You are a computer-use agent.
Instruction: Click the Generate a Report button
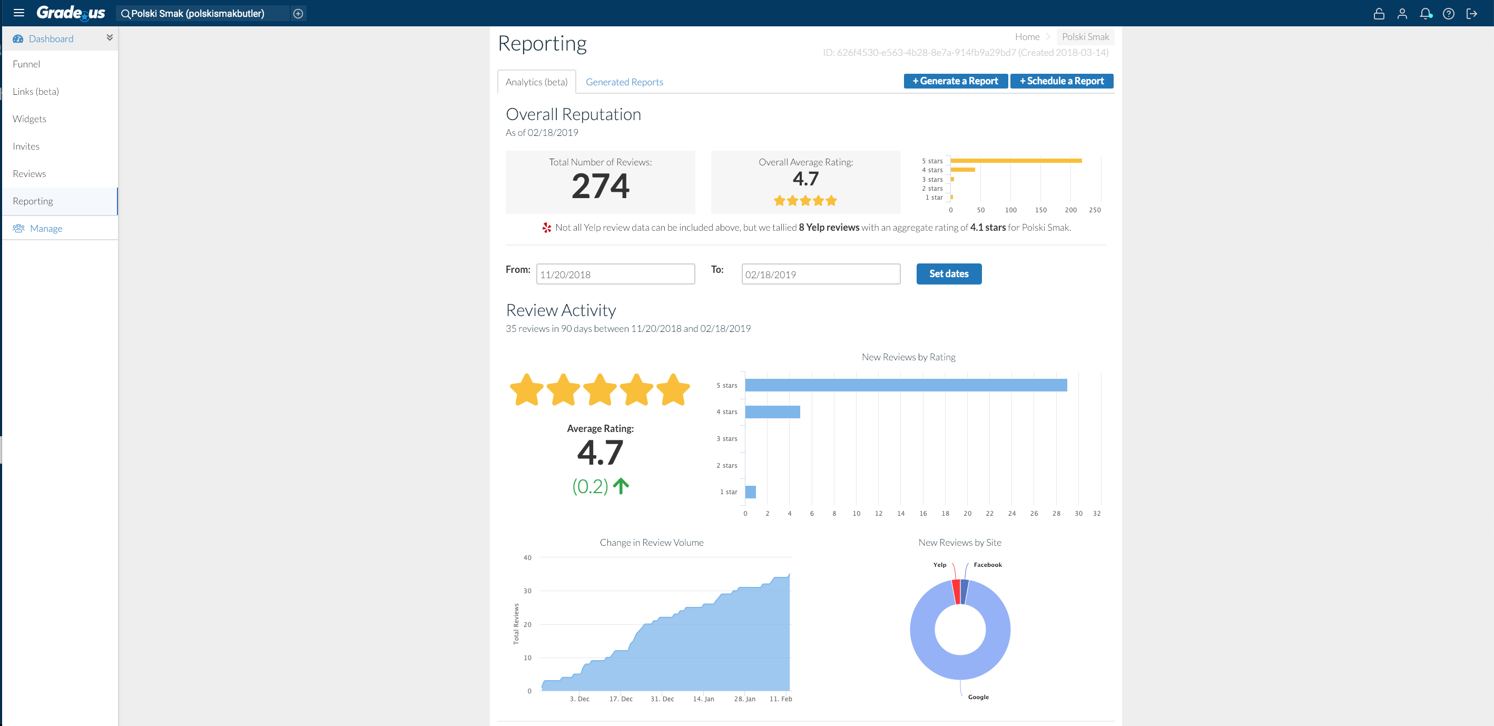[x=955, y=81]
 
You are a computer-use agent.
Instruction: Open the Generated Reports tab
[x=624, y=82]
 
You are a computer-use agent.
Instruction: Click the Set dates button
[x=948, y=274]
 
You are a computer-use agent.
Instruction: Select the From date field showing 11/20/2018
[x=615, y=274]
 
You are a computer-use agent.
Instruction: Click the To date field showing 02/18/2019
[x=820, y=274]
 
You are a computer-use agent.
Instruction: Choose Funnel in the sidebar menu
[x=27, y=64]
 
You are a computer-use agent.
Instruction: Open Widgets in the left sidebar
[x=30, y=119]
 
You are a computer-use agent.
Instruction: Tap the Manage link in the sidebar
[x=46, y=229]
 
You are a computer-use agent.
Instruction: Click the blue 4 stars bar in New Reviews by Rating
[x=772, y=411]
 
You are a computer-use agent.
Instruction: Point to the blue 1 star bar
[x=750, y=492]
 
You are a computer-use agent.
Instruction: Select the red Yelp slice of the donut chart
[x=956, y=592]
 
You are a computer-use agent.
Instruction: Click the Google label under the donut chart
[x=978, y=697]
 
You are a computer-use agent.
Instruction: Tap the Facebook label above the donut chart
[x=987, y=565]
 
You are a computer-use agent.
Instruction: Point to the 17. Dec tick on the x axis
[x=621, y=699]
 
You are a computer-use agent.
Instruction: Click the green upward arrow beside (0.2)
[x=621, y=486]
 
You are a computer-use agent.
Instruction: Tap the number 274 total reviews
[x=599, y=186]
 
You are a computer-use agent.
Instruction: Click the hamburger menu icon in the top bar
[x=18, y=13]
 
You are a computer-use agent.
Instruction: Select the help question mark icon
[x=1448, y=13]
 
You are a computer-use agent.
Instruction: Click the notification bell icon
[x=1425, y=13]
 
